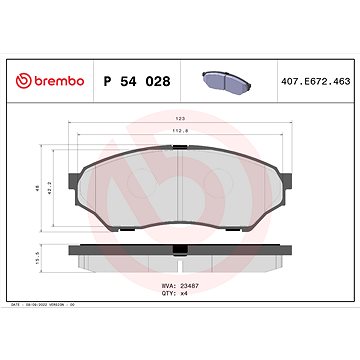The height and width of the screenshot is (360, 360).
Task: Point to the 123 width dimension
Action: tap(177, 120)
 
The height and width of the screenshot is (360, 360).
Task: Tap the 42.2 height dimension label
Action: tap(49, 187)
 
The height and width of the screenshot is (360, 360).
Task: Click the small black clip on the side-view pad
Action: tap(175, 245)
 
